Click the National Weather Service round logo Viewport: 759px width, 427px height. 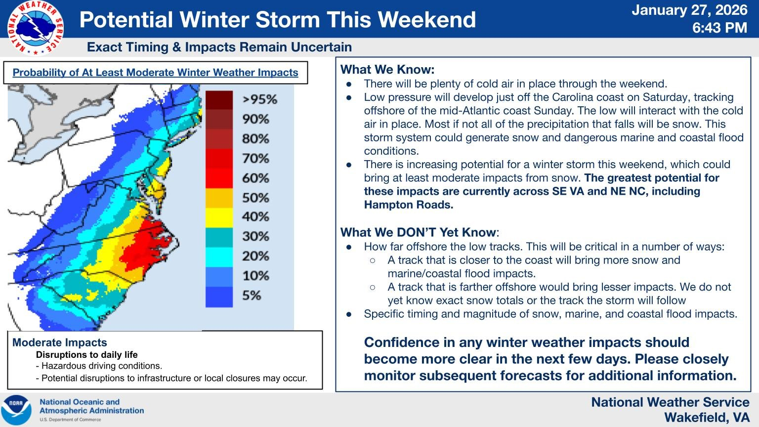tap(35, 28)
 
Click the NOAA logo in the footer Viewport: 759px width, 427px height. tap(16, 410)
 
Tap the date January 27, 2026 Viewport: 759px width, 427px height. tap(690, 10)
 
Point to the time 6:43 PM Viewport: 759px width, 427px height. tap(719, 28)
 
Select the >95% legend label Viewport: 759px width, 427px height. tap(259, 99)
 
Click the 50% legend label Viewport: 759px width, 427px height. tap(255, 198)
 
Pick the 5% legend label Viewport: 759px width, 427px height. tap(252, 296)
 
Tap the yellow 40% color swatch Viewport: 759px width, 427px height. tap(219, 217)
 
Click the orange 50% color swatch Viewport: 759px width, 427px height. tap(219, 198)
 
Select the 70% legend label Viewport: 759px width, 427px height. tap(255, 159)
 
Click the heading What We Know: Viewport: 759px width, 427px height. tap(387, 69)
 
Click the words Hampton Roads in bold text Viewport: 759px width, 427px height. tap(408, 205)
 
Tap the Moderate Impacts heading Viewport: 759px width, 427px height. tap(59, 342)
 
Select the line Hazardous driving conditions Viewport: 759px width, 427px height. tap(101, 366)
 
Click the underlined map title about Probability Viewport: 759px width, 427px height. tap(155, 73)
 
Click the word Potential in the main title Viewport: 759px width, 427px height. tap(126, 20)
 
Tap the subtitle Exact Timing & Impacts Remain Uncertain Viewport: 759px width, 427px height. tap(219, 47)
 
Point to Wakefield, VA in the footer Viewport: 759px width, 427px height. tap(707, 418)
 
